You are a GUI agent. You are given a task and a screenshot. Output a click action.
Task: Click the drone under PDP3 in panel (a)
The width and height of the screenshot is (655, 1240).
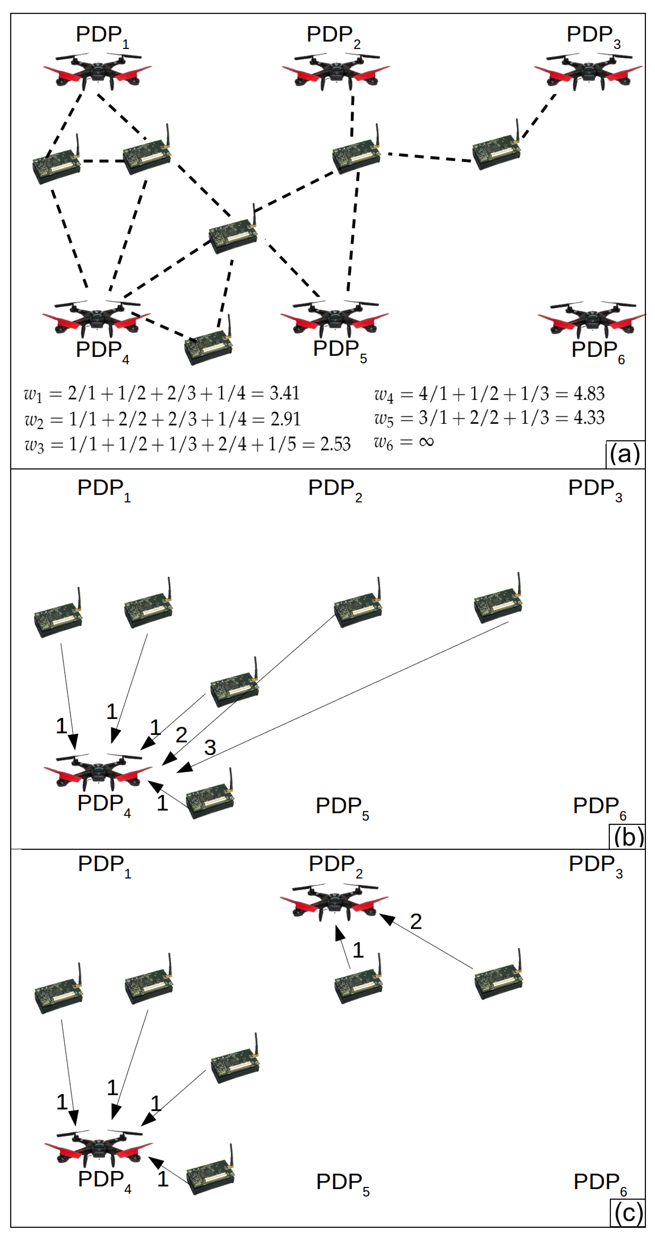tap(588, 72)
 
